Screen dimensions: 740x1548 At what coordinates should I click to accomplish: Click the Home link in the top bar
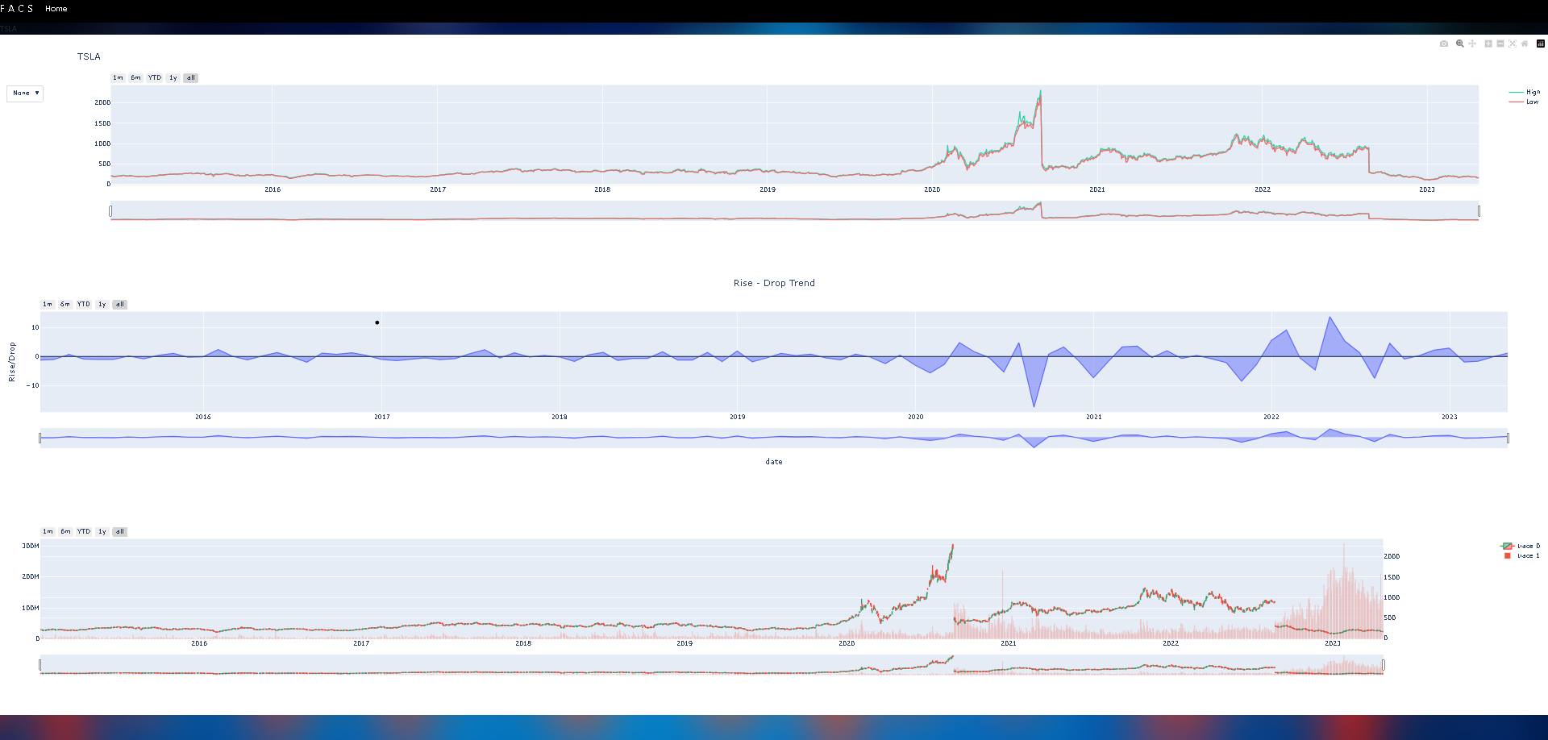[x=56, y=9]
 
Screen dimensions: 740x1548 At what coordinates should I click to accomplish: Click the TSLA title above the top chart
[x=89, y=56]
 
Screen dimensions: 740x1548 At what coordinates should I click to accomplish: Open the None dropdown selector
[x=25, y=94]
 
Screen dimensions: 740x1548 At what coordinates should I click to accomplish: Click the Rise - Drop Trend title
[x=774, y=283]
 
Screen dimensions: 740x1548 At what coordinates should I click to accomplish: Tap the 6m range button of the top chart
[x=135, y=78]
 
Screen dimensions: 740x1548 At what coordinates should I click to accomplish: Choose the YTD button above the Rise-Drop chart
[x=84, y=305]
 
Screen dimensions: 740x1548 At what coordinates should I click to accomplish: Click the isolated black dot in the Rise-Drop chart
[x=377, y=322]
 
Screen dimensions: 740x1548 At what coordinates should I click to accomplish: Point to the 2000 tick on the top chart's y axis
[x=102, y=102]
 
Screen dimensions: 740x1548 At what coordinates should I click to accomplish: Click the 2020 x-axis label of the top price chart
[x=932, y=189]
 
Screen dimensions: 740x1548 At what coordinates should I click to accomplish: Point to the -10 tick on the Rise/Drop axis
[x=33, y=385]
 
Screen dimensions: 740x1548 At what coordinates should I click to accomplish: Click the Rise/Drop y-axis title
[x=12, y=362]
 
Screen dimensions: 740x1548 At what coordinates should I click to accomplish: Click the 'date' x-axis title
[x=774, y=462]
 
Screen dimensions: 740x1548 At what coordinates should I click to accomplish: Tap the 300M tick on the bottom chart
[x=31, y=546]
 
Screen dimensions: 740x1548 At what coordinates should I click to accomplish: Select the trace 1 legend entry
[x=1527, y=555]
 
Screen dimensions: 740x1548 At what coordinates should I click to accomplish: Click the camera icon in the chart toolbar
[x=1444, y=44]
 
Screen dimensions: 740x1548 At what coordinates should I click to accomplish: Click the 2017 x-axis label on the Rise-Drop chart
[x=382, y=417]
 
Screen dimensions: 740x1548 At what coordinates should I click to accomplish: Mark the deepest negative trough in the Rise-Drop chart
[x=1034, y=405]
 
